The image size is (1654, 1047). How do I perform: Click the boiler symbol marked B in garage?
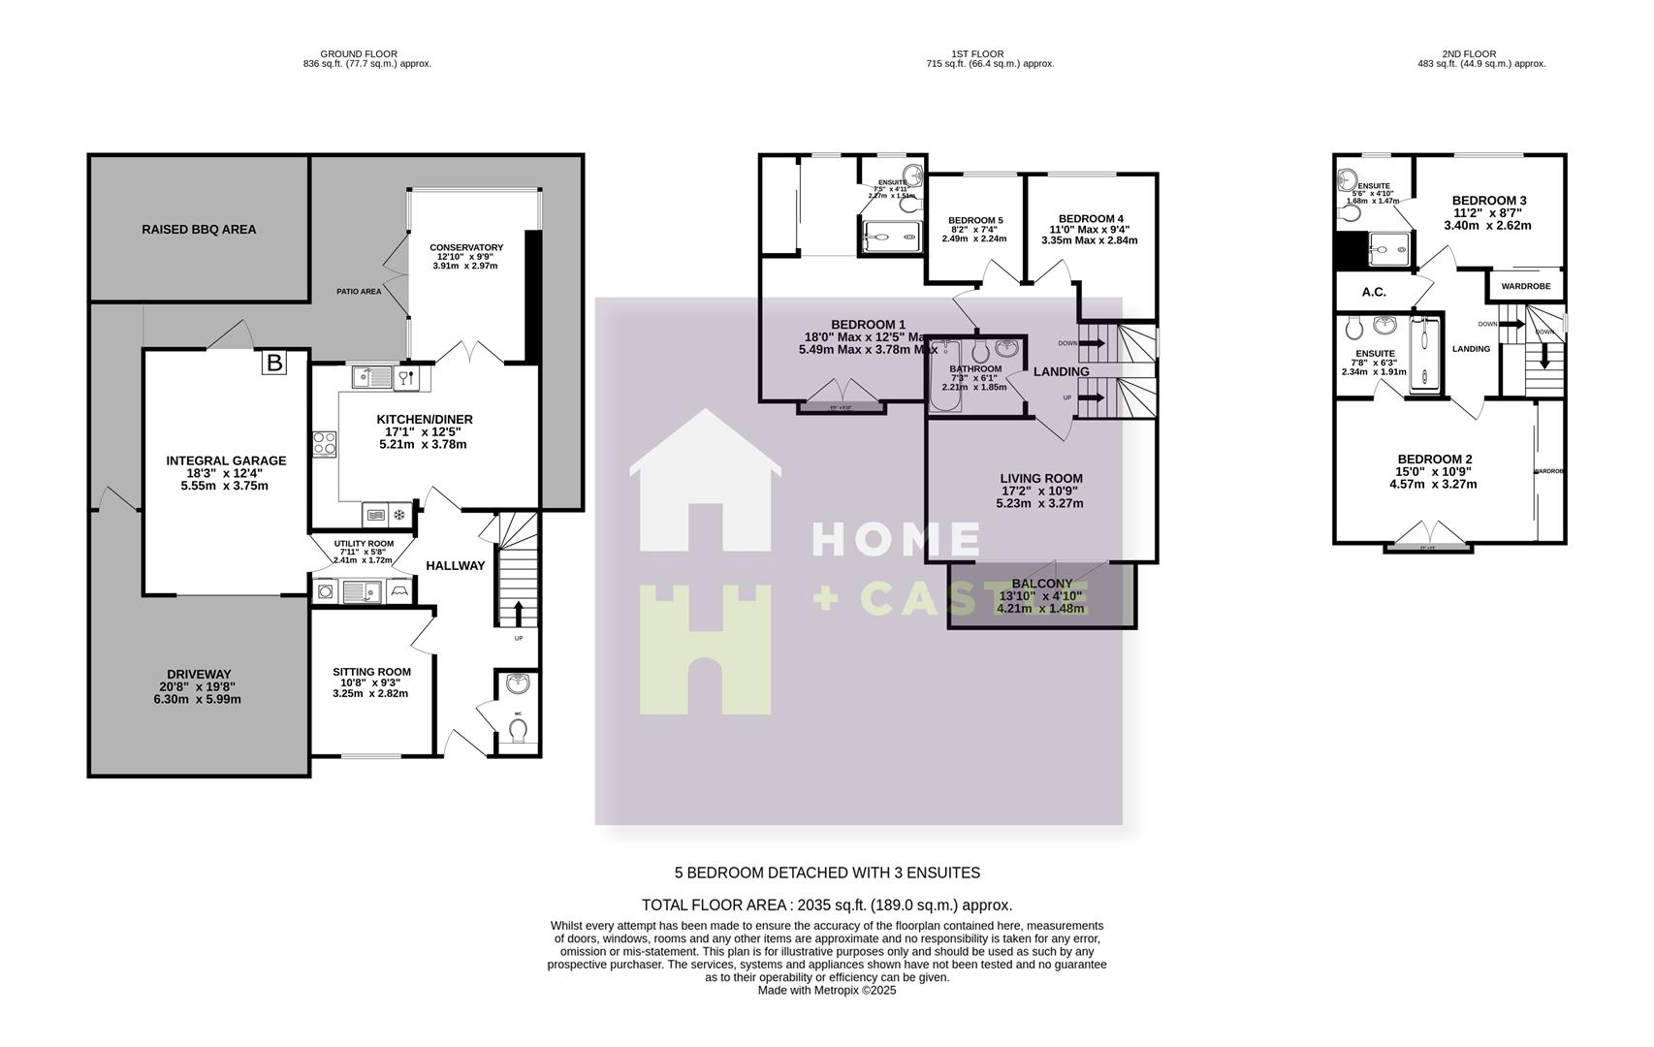(x=274, y=364)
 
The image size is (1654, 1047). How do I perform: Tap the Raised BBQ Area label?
(x=199, y=230)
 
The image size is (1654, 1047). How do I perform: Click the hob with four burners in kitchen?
(x=325, y=444)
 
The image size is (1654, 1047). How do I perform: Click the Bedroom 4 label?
(x=1091, y=219)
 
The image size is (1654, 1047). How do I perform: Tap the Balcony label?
(x=1041, y=584)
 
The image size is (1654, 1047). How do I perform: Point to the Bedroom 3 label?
(x=1489, y=201)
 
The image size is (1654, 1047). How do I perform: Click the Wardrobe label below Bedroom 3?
(x=1525, y=287)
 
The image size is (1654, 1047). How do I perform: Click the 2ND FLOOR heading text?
(x=1468, y=54)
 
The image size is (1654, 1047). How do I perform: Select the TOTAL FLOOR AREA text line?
(x=826, y=905)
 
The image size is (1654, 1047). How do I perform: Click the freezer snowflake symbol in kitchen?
(x=398, y=514)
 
